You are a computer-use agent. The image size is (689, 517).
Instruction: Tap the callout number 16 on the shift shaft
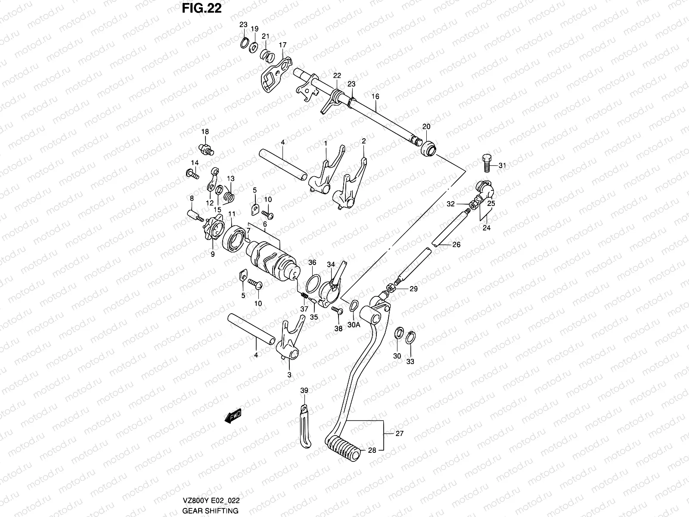coord(376,97)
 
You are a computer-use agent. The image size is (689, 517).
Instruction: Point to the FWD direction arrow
coord(233,416)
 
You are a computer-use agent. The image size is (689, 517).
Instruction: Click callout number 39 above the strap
coord(304,390)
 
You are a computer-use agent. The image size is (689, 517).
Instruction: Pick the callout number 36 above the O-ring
coord(312,262)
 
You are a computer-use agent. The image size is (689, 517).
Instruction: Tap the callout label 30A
coord(354,326)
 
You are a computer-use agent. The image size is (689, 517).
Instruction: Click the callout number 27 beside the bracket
coord(399,434)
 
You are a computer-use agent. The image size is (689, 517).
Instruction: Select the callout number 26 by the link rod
coord(456,244)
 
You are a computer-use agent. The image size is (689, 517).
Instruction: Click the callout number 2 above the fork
coord(363,141)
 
